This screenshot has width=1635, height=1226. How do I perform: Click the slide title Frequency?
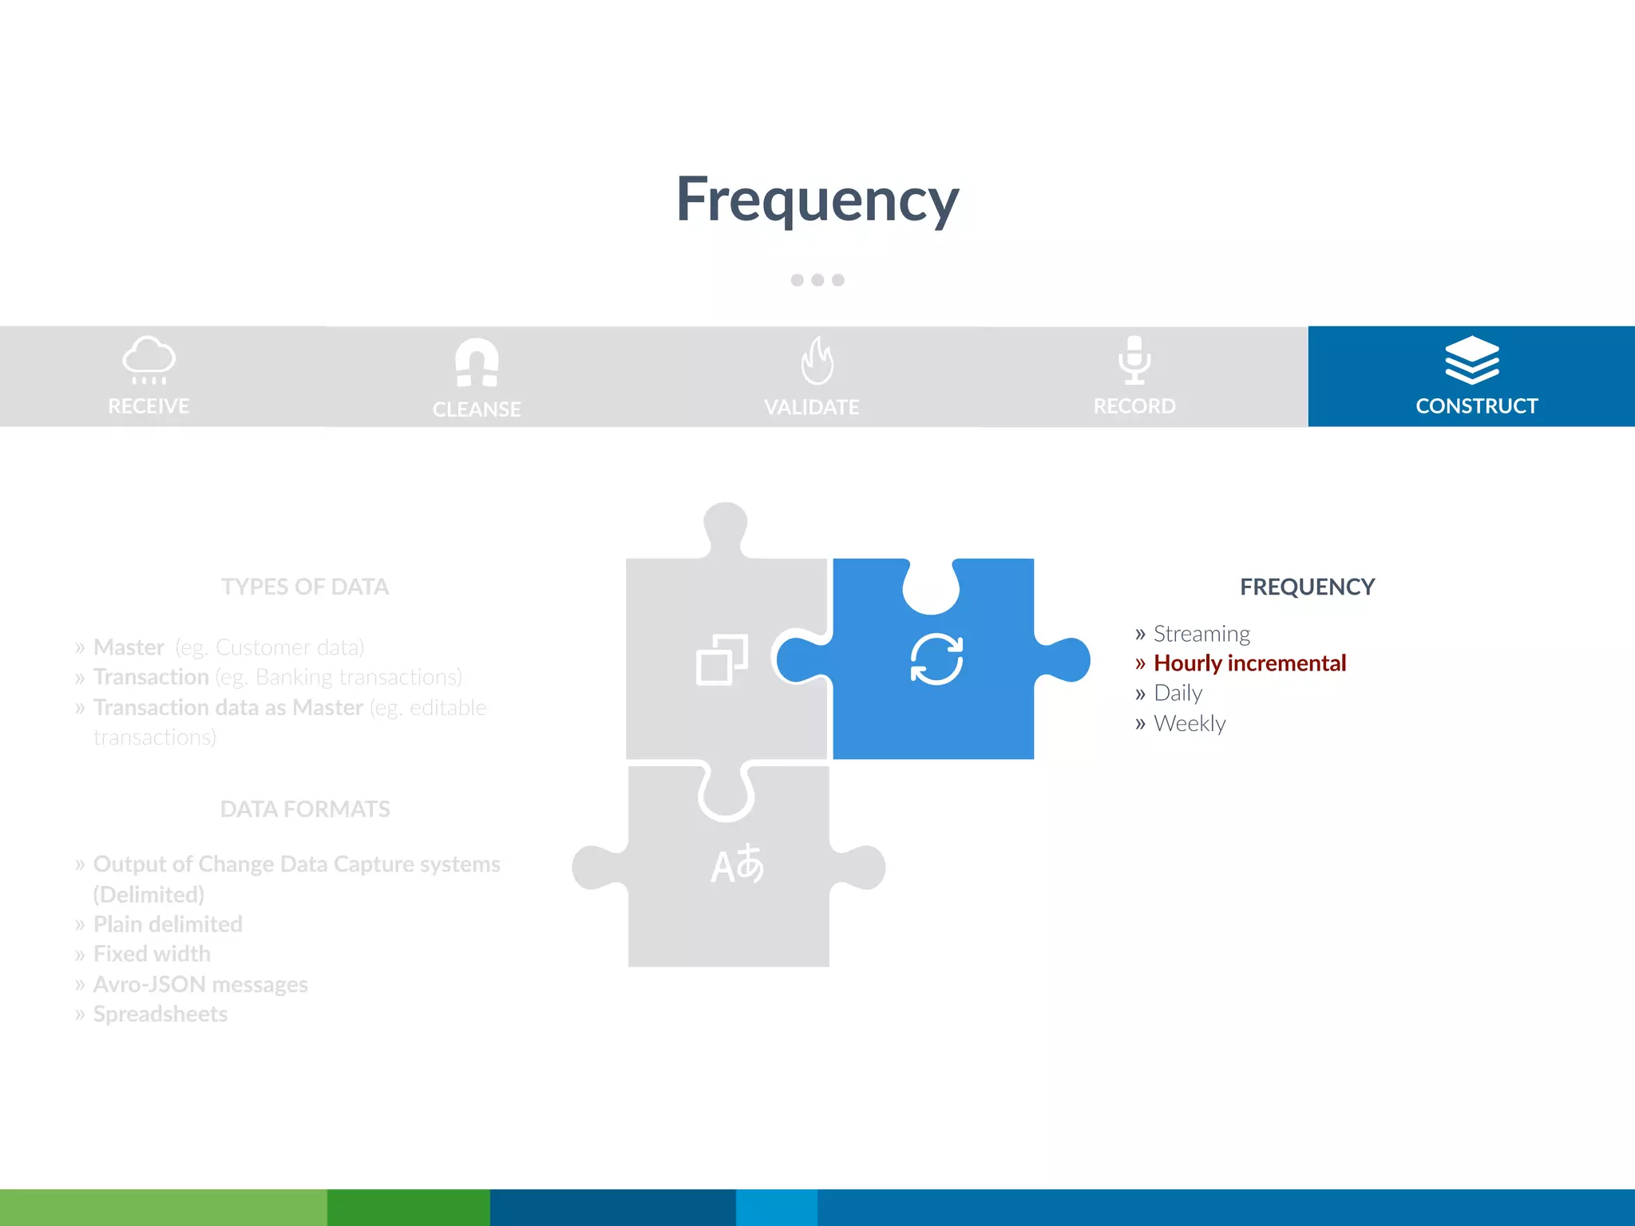(x=817, y=200)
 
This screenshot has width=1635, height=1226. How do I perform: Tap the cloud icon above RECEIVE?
(x=148, y=359)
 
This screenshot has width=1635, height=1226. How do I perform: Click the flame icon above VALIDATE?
(x=817, y=361)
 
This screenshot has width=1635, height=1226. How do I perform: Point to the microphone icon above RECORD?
(x=1134, y=359)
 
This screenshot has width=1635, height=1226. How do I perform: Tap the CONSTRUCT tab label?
(x=1476, y=405)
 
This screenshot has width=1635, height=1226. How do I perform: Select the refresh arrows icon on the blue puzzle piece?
(x=936, y=659)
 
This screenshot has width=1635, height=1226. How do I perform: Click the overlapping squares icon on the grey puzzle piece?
(x=722, y=659)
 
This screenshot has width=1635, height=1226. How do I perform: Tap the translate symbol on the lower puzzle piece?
(x=737, y=865)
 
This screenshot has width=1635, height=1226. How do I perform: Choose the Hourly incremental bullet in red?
(x=1249, y=663)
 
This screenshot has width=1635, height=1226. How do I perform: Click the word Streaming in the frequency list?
(x=1202, y=634)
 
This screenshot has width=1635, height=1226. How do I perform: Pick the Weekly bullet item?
(x=1190, y=723)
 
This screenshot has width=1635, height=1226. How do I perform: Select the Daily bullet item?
(x=1178, y=693)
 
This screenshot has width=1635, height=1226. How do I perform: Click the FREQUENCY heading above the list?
(x=1307, y=587)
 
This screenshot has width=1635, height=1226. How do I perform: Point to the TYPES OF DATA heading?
(x=305, y=587)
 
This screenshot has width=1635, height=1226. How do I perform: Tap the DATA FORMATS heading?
(x=305, y=809)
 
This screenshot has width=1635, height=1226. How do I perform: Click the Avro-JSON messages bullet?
(x=200, y=984)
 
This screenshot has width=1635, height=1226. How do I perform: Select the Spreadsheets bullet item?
(x=160, y=1014)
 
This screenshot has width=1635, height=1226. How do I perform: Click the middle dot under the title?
(x=817, y=280)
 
